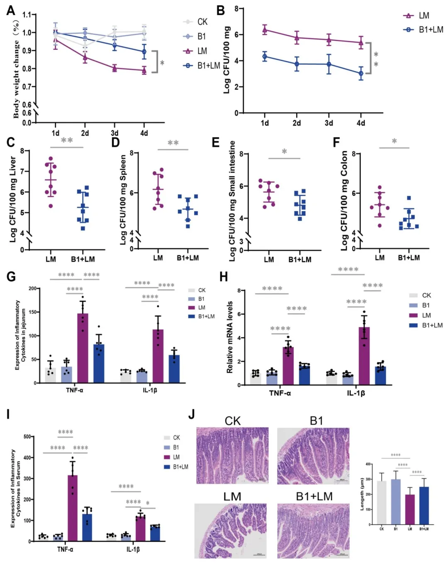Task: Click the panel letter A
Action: click(x=11, y=10)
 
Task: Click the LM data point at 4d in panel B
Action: click(x=361, y=42)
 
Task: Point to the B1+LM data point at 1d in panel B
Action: click(x=265, y=57)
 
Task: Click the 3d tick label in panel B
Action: click(x=329, y=123)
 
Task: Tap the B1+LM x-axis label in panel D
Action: click(x=187, y=258)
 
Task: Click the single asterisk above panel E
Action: click(x=284, y=152)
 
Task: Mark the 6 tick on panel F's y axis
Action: click(x=354, y=194)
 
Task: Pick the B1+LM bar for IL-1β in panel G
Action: click(x=174, y=369)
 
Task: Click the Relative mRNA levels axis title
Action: click(x=229, y=337)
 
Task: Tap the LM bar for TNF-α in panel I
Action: click(x=73, y=508)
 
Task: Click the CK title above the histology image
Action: click(x=232, y=421)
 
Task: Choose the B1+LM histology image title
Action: click(x=314, y=497)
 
